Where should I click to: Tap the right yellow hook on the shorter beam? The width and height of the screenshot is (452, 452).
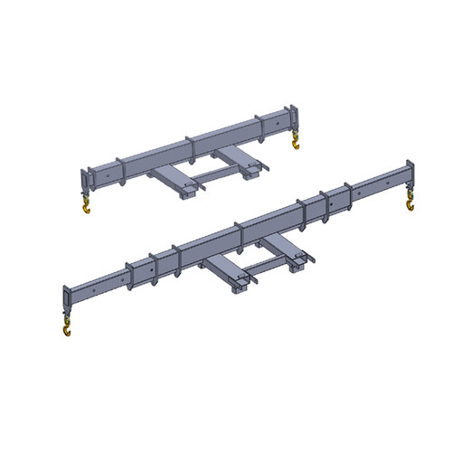[x=295, y=144]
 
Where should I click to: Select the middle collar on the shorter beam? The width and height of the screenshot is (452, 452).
[x=190, y=150]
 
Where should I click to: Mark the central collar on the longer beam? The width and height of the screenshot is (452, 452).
[x=237, y=238]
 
